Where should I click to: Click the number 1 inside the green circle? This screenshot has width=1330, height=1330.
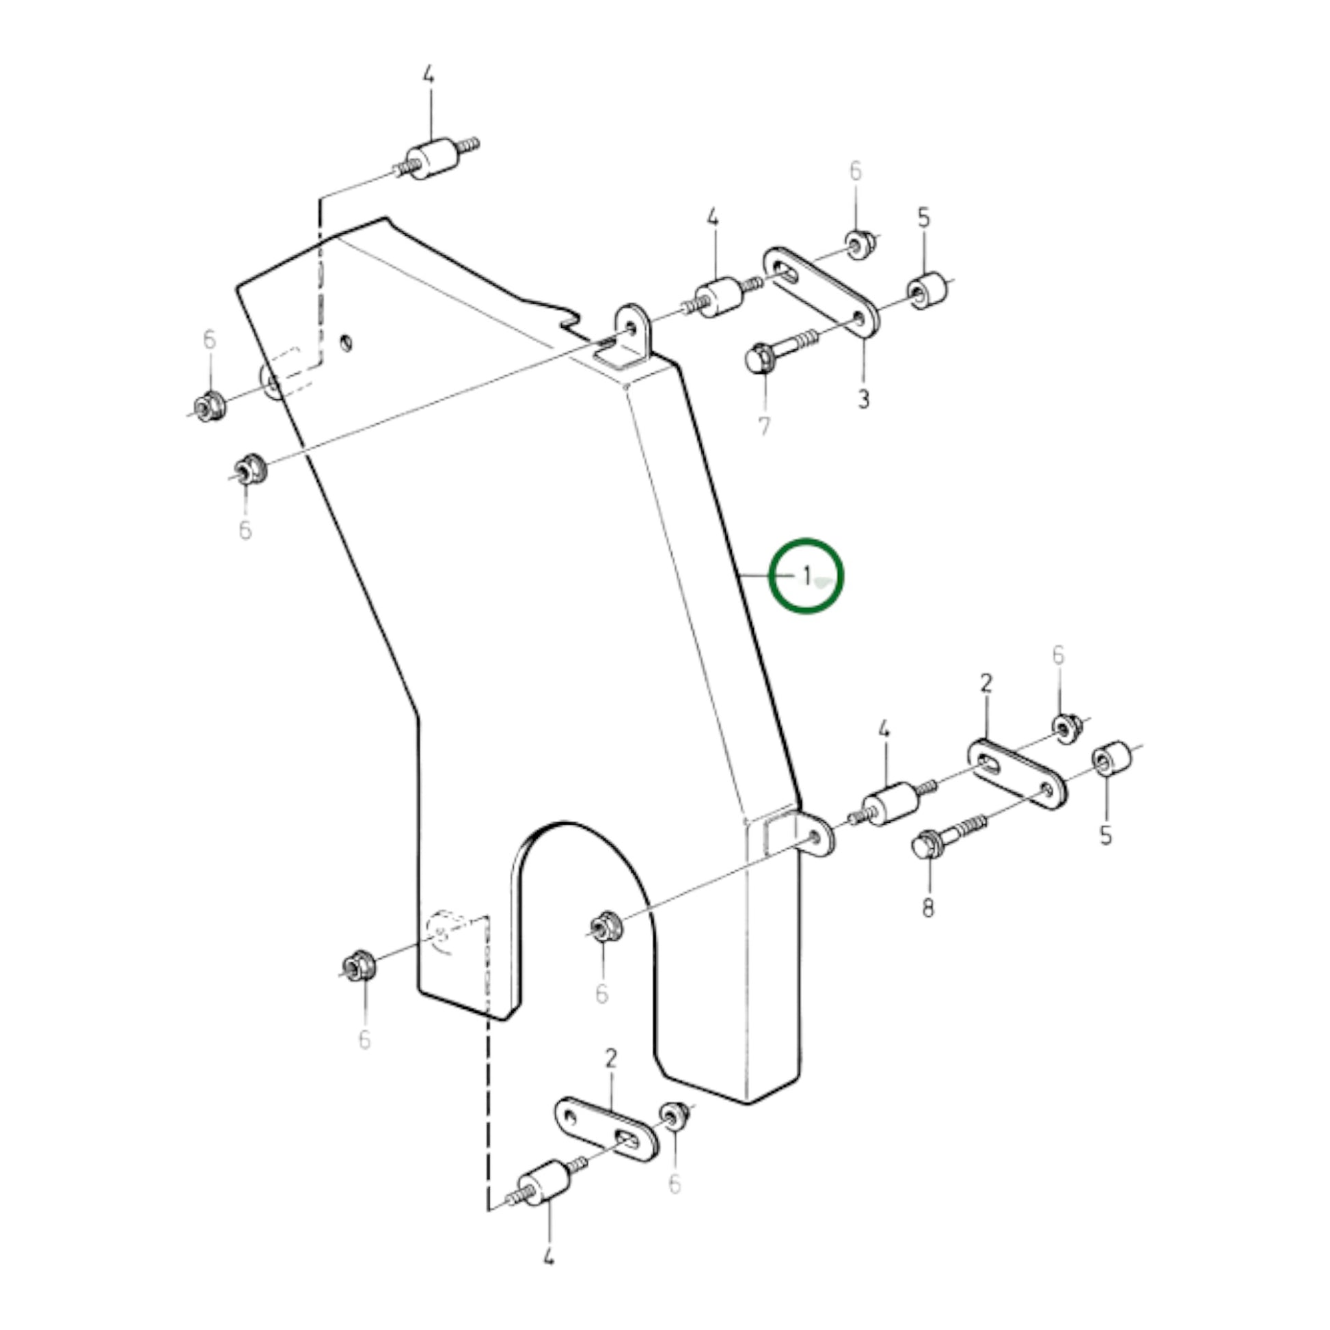pyautogui.click(x=806, y=574)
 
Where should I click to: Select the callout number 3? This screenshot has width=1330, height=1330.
pyautogui.click(x=863, y=398)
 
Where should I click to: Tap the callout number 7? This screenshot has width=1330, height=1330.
pyautogui.click(x=764, y=426)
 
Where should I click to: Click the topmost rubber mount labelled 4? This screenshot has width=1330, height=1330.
pyautogui.click(x=430, y=161)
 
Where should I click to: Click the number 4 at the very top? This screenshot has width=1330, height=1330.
pyautogui.click(x=429, y=75)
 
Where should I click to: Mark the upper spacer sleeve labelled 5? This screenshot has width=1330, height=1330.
pyautogui.click(x=927, y=292)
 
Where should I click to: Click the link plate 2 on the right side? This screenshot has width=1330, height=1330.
pyautogui.click(x=1017, y=775)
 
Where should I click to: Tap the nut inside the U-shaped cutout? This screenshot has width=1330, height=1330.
pyautogui.click(x=606, y=926)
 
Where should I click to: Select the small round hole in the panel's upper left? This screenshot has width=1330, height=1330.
pyautogui.click(x=347, y=342)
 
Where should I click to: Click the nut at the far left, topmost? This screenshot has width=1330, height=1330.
pyautogui.click(x=207, y=406)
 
